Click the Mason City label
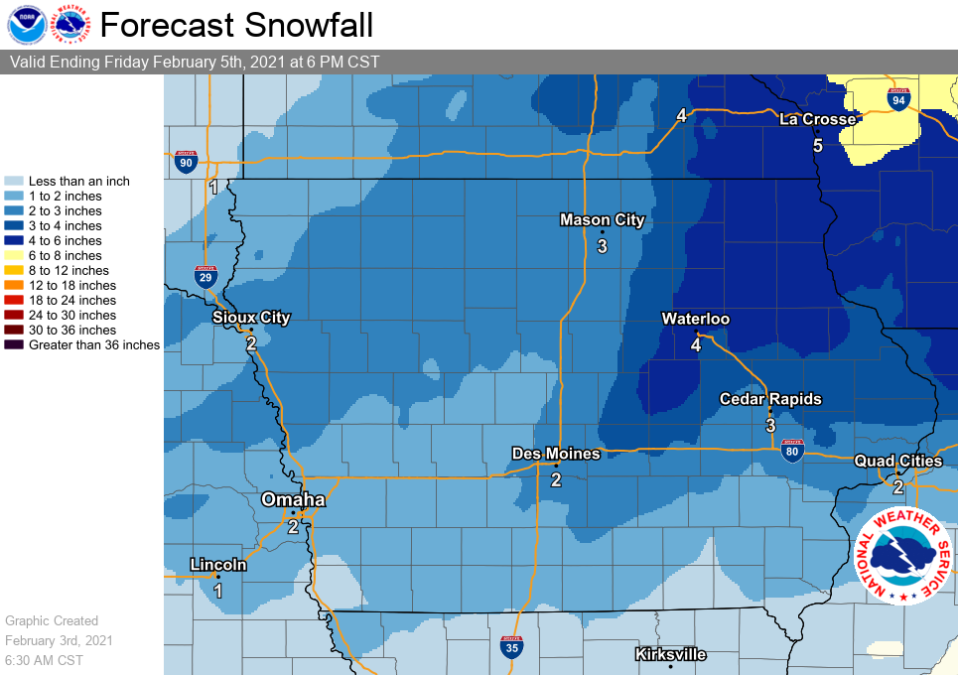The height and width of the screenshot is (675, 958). tap(602, 220)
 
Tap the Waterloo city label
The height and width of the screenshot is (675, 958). tap(696, 319)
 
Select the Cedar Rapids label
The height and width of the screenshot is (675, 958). tap(770, 399)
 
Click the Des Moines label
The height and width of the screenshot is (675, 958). tap(556, 454)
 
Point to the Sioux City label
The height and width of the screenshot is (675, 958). tap(251, 318)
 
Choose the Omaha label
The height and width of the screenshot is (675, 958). tap(293, 499)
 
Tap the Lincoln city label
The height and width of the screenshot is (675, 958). tap(218, 565)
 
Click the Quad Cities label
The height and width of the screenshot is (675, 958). tap(897, 461)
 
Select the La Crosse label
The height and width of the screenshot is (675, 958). tap(817, 119)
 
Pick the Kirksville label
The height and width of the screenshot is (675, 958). tap(670, 654)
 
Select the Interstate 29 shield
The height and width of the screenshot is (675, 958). tap(205, 276)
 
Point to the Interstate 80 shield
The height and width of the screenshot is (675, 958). tap(791, 452)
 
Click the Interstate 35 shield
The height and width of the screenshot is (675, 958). tap(511, 647)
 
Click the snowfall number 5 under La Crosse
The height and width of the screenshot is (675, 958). tap(818, 146)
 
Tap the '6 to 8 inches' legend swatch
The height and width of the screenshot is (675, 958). tap(15, 256)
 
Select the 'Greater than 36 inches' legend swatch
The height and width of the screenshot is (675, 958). tap(15, 345)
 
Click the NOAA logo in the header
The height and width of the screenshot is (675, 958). tap(26, 24)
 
